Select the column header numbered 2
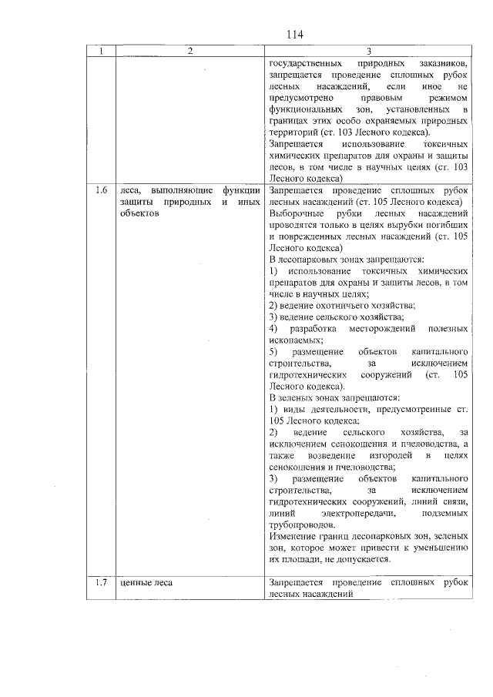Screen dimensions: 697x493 coord(190,51)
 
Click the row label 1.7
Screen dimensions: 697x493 coord(100,583)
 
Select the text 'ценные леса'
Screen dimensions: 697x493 coord(146,583)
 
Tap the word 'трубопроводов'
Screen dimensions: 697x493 coord(303,524)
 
